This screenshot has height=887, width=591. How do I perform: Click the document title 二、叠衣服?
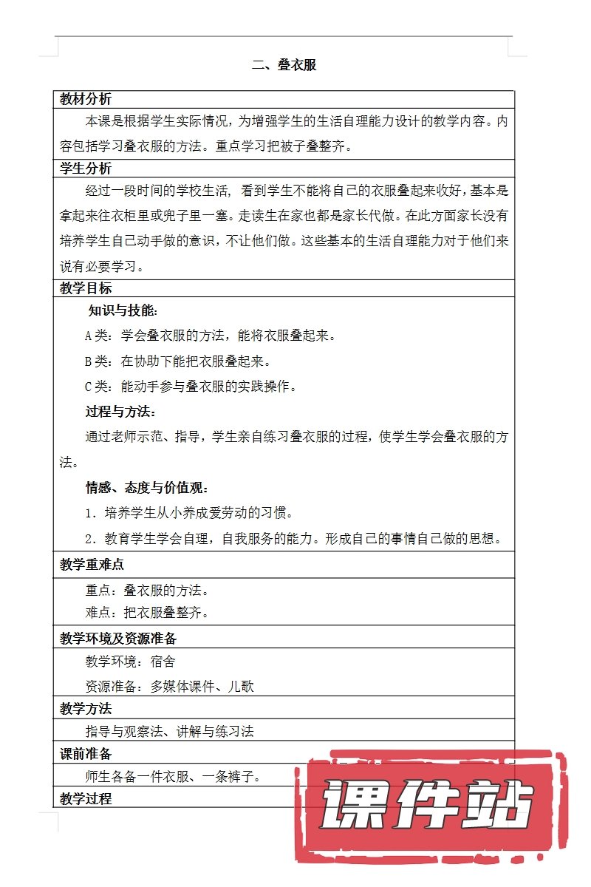coord(284,65)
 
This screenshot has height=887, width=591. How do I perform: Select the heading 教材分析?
coord(86,99)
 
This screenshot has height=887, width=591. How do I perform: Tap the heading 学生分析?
coord(86,168)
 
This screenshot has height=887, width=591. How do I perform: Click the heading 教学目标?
coord(86,288)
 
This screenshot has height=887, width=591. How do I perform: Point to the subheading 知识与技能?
coord(122,311)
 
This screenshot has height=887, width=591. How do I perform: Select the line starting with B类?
coord(178,361)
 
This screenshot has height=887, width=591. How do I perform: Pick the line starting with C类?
coord(201,387)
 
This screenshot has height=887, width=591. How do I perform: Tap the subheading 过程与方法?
coord(120,412)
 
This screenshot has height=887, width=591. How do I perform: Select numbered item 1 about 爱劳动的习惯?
coord(189,512)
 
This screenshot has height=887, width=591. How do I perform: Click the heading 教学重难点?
coord(92,565)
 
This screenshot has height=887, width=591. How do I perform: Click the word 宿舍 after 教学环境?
coord(163,661)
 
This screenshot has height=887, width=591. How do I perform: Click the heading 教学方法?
coord(86,708)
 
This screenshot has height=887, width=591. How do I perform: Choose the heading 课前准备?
coord(86,754)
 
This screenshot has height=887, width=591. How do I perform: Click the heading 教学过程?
coord(86,798)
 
